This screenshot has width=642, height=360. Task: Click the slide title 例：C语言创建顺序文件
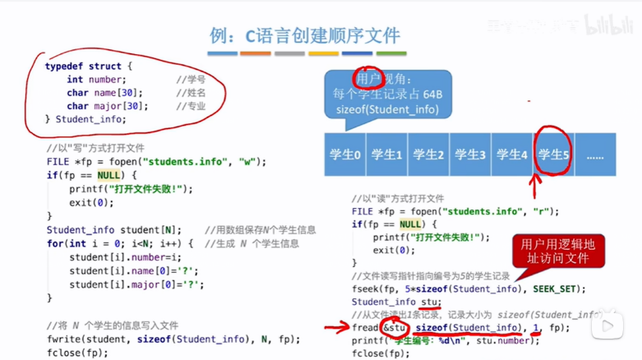click(305, 35)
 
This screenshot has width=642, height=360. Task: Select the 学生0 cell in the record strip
click(345, 155)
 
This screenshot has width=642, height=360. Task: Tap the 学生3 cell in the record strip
click(469, 155)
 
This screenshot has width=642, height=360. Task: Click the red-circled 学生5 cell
click(553, 154)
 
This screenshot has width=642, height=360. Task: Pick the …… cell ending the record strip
click(594, 155)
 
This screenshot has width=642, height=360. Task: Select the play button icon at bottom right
click(608, 326)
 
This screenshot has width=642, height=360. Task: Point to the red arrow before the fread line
click(336, 327)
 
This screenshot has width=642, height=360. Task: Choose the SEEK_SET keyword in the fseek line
click(559, 288)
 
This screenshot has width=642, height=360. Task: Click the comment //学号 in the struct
click(190, 80)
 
